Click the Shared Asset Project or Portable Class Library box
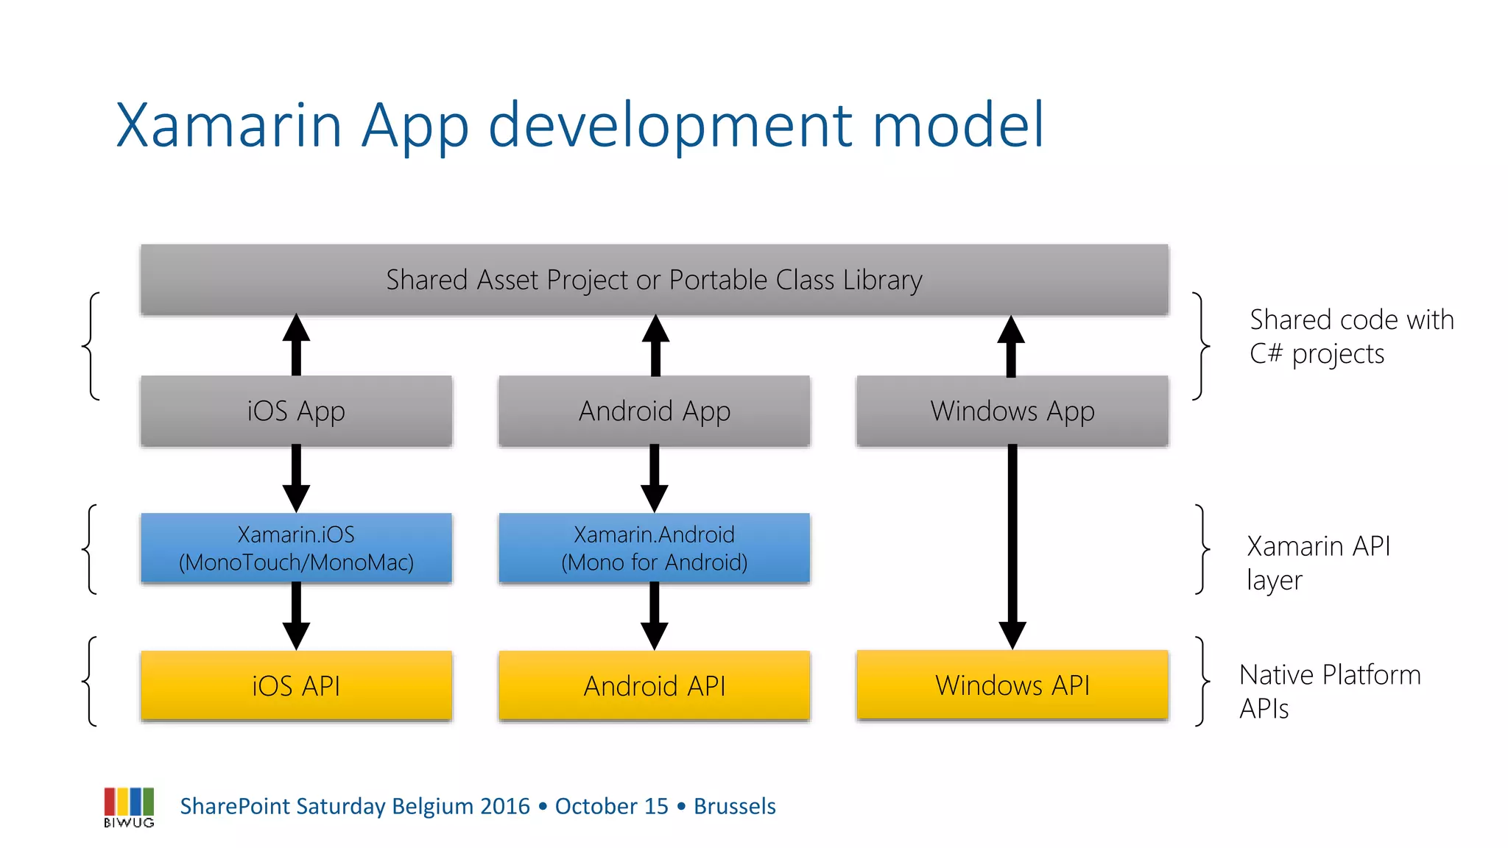654,280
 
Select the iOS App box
296,411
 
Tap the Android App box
654,411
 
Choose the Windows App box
1012,411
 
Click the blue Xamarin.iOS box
296,548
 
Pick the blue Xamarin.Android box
654,548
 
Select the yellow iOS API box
296,685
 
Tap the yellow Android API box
654,685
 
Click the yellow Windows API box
1012,685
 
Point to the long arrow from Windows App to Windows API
1012,545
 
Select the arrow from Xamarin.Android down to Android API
654,615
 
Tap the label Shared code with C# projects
1351,336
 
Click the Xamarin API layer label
1318,562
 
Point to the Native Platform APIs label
1329,690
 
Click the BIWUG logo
129,807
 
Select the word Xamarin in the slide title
228,125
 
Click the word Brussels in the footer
734,806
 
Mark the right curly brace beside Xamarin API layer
1202,548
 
